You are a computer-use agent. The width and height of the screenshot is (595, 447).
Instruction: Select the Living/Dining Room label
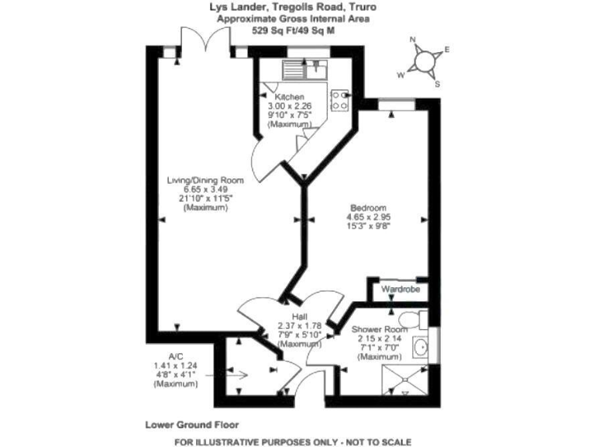pyautogui.click(x=205, y=180)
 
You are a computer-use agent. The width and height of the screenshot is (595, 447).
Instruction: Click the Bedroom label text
pyautogui.click(x=368, y=208)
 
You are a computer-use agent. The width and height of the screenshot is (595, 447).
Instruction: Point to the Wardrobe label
pyautogui.click(x=400, y=289)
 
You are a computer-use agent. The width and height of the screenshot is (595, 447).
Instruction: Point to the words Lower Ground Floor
pyautogui.click(x=191, y=425)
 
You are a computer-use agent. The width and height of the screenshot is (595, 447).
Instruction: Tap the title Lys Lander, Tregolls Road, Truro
pyautogui.click(x=298, y=7)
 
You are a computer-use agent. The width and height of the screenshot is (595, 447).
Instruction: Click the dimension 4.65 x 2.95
pyautogui.click(x=368, y=217)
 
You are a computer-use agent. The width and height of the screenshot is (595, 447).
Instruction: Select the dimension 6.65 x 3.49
pyautogui.click(x=205, y=189)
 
